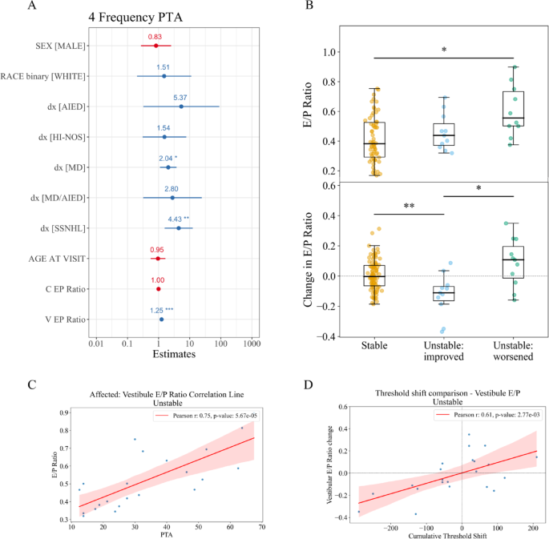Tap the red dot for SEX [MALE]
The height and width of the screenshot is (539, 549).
point(155,46)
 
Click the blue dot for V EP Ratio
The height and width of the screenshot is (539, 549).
point(161,320)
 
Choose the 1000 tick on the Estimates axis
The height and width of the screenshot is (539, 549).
point(252,344)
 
